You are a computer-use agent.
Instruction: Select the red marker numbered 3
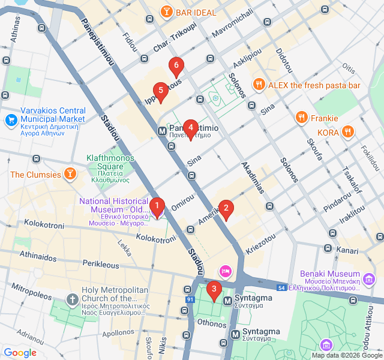(214, 291)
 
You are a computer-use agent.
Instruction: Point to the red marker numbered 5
(160, 92)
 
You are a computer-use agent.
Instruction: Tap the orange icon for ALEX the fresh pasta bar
(259, 85)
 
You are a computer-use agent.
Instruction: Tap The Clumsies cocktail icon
(71, 175)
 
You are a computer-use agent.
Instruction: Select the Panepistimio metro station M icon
(162, 131)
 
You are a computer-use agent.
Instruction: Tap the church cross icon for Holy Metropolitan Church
(72, 298)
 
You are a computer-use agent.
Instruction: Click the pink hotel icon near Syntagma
(225, 271)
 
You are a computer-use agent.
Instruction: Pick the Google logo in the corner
(20, 353)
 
